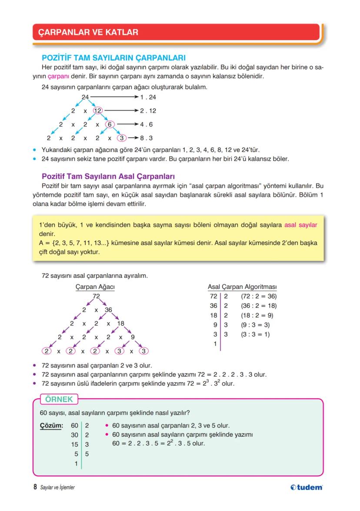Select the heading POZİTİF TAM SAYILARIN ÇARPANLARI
[x=113, y=58]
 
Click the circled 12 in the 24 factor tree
[x=97, y=111]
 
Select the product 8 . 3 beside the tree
[x=146, y=138]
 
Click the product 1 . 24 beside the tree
[x=148, y=97]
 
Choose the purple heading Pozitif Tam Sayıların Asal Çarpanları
[x=108, y=177]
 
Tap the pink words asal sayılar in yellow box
[x=300, y=225]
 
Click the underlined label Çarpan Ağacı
[x=95, y=287]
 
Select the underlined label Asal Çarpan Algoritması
[x=242, y=287]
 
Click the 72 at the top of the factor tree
[x=96, y=296]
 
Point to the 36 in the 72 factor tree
[x=108, y=310]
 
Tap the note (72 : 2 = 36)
[x=258, y=297]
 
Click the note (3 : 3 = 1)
[x=255, y=334]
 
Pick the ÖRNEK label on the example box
[x=59, y=399]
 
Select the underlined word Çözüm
[x=51, y=425]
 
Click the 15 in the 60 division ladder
[x=74, y=444]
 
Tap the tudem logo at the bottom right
[x=307, y=487]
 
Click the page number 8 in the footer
[x=35, y=487]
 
